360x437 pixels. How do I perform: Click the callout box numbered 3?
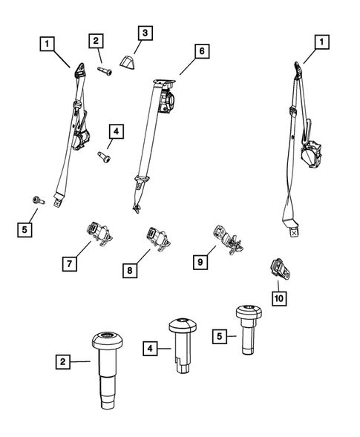tap(145, 33)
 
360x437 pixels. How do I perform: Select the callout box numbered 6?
tap(202, 51)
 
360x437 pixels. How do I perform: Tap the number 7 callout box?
tap(70, 263)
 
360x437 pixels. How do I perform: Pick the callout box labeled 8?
tap(130, 270)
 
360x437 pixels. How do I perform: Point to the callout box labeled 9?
tap(200, 262)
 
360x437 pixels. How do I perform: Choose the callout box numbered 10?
tap(279, 298)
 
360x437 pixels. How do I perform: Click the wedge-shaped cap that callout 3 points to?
tap(128, 62)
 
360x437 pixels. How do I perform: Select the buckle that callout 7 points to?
tap(99, 234)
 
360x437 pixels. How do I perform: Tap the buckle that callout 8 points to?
tap(158, 239)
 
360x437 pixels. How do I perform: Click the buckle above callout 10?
tap(281, 269)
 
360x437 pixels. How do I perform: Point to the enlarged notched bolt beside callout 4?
tap(183, 344)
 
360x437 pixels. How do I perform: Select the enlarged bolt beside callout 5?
tap(249, 329)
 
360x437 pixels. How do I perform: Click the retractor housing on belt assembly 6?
tap(166, 102)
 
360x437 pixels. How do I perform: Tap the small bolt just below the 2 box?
tap(105, 71)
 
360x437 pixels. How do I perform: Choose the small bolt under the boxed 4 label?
tap(104, 157)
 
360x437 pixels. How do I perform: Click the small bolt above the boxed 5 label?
tap(38, 200)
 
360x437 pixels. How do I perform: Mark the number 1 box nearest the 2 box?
tap(47, 44)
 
